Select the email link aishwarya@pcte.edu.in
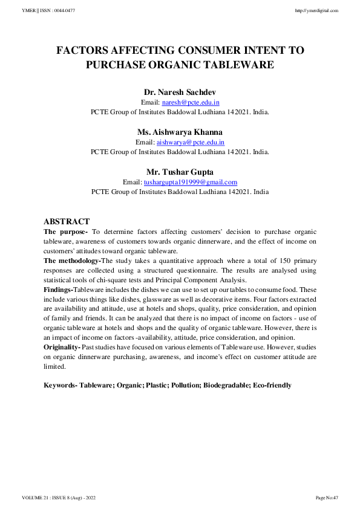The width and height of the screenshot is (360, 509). tap(191, 143)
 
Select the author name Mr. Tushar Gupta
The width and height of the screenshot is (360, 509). tap(180, 172)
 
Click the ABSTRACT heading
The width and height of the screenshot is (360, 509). tap(67, 222)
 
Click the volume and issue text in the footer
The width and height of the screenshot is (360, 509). tap(59, 498)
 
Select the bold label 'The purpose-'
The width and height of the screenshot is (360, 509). tap(66, 232)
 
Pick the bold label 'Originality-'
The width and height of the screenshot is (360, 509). tap(62, 346)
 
